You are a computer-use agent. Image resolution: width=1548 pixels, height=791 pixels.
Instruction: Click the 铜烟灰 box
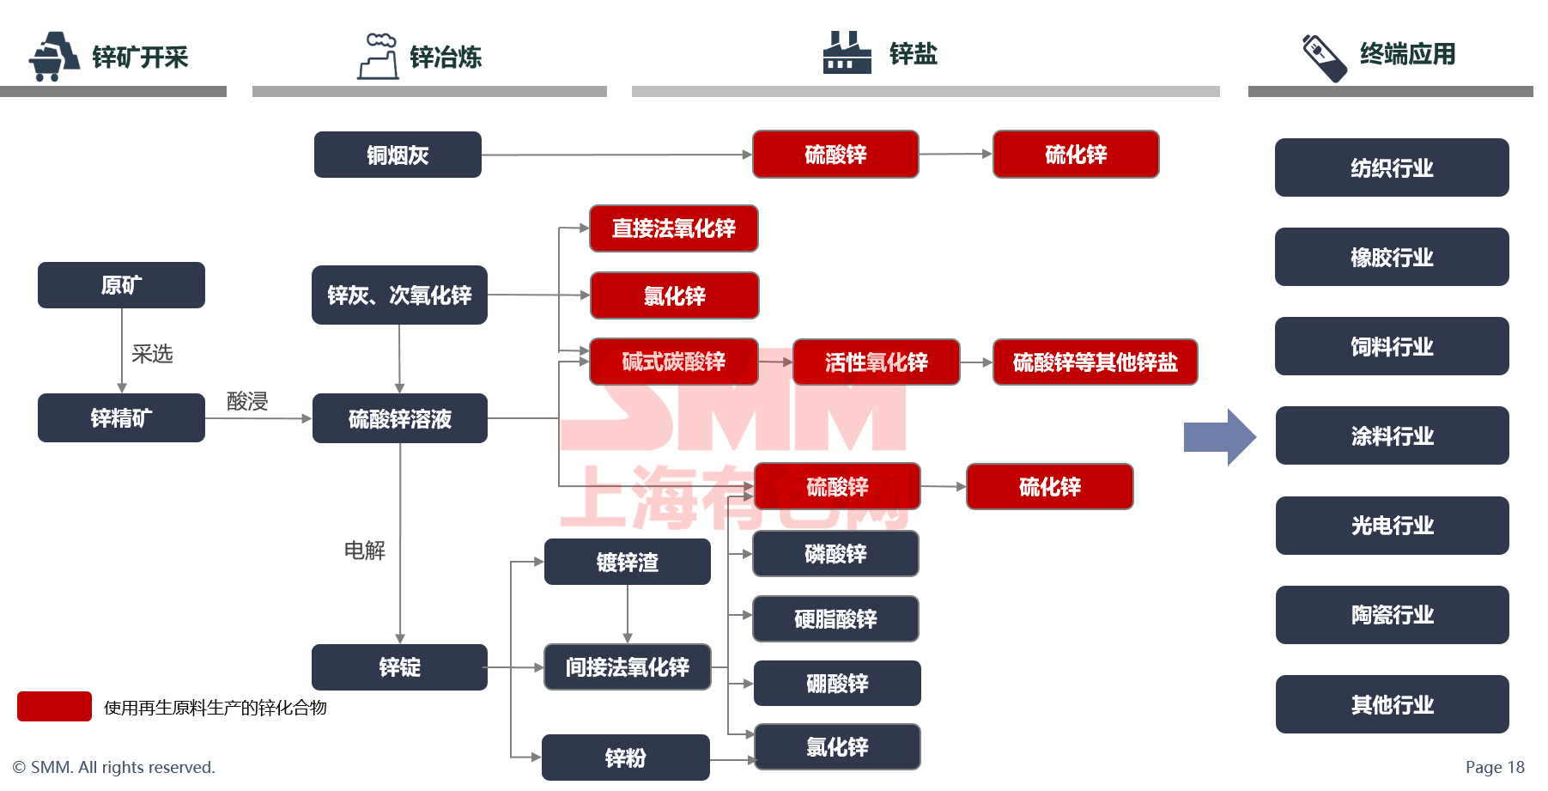[398, 155]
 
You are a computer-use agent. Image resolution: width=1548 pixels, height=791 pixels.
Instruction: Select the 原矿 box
[121, 285]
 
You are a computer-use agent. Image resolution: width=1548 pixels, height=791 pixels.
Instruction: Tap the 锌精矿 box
[121, 418]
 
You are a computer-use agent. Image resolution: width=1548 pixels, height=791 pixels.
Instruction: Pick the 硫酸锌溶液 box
[399, 418]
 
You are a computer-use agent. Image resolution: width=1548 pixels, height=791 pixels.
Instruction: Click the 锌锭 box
[399, 667]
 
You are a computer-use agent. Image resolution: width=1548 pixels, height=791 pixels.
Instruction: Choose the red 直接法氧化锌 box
[673, 228]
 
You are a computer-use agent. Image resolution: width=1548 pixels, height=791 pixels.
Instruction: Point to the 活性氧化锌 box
[876, 362]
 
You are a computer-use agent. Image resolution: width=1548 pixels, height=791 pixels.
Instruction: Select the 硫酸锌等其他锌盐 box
[1095, 362]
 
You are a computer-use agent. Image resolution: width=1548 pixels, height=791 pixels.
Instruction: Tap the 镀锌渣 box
[627, 563]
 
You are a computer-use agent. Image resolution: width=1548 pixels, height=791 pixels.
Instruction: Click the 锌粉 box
[625, 758]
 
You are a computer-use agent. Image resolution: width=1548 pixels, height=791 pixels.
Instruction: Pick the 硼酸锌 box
[836, 684]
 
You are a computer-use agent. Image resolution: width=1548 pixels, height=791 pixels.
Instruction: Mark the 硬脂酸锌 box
[835, 619]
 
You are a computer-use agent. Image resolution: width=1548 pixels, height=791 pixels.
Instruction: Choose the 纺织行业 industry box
[1391, 168]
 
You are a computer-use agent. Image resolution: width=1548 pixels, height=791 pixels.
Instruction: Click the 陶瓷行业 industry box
[1392, 615]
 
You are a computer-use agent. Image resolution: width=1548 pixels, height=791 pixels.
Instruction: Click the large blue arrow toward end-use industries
[1219, 437]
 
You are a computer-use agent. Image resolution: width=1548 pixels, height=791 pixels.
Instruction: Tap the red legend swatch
[54, 707]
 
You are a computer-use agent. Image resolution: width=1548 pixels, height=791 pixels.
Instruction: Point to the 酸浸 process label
[247, 401]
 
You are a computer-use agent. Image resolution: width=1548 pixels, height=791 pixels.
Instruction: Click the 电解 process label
[364, 551]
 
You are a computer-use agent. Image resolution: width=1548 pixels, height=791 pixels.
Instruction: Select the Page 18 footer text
[1494, 767]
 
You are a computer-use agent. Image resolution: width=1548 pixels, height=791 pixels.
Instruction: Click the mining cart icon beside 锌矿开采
[53, 57]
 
